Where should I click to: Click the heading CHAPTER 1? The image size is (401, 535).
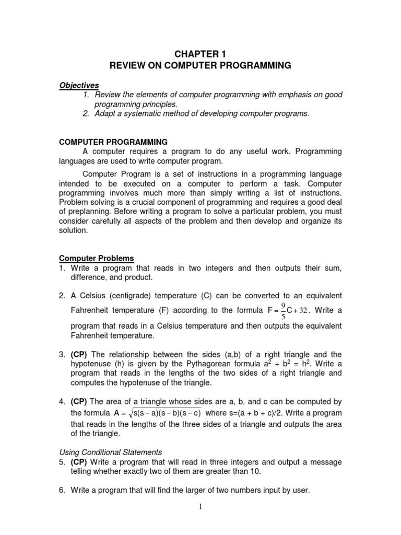200,54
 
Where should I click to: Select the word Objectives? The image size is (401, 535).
79,85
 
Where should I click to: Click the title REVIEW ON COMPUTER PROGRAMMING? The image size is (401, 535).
200,66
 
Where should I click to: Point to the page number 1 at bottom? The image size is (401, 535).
200,522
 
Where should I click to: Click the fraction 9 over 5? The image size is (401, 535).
282,310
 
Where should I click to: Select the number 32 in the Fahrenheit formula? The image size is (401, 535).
311,311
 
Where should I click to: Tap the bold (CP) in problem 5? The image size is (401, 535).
79,462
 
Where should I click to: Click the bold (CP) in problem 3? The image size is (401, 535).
79,353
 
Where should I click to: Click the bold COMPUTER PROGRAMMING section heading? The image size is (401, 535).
113,142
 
